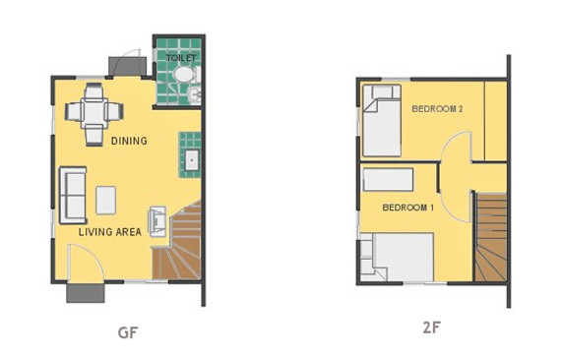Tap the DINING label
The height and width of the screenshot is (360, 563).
[x=129, y=141]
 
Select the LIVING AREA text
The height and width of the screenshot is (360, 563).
[x=110, y=232]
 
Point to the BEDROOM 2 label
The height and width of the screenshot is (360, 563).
[x=437, y=108]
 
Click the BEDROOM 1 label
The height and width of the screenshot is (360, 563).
[x=407, y=208]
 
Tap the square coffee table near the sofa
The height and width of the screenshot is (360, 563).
[x=107, y=199]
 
